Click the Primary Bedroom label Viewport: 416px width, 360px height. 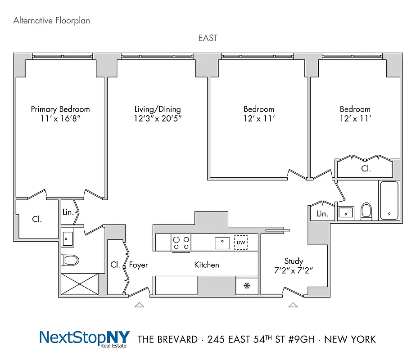pyautogui.click(x=60, y=109)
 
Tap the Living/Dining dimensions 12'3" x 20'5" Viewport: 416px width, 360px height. pyautogui.click(x=158, y=119)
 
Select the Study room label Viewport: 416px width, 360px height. pyautogui.click(x=294, y=261)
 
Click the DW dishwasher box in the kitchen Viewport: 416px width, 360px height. pyautogui.click(x=241, y=243)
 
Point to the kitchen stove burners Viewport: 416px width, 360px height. pyautogui.click(x=181, y=243)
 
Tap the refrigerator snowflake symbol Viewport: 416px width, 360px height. pyautogui.click(x=246, y=286)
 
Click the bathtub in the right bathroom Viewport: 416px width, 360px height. pyautogui.click(x=389, y=200)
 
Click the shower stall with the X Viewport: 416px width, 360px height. pyautogui.click(x=80, y=284)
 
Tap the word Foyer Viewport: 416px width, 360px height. pyautogui.click(x=138, y=265)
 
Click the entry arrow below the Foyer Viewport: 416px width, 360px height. pyautogui.click(x=139, y=305)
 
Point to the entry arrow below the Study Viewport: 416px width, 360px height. pyautogui.click(x=293, y=305)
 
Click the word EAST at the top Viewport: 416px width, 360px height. pyautogui.click(x=208, y=38)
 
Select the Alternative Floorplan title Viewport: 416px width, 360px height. pyautogui.click(x=51, y=20)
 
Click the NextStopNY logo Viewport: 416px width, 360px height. pyautogui.click(x=84, y=338)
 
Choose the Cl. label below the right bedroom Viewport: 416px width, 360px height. pyautogui.click(x=366, y=169)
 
